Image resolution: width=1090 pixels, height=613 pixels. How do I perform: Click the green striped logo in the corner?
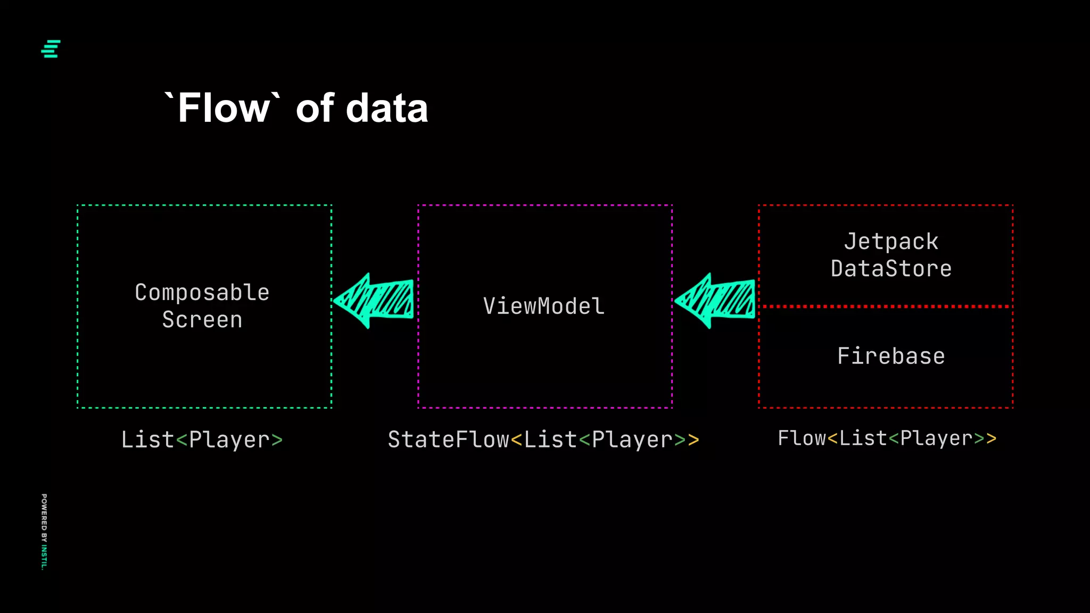[51, 48]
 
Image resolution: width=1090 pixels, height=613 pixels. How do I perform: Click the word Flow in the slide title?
[224, 108]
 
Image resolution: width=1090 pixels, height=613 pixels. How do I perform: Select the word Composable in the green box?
[202, 292]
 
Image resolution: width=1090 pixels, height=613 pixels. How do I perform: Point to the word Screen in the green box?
[202, 320]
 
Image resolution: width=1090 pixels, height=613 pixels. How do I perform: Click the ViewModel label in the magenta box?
[544, 306]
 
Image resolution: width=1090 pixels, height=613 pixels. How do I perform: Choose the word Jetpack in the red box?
[891, 242]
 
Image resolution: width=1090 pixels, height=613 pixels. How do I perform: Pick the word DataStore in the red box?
[891, 269]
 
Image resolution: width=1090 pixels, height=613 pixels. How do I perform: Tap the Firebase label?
[891, 356]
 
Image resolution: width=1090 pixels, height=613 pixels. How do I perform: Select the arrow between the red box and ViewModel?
[715, 301]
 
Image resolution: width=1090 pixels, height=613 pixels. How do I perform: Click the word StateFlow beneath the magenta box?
[448, 440]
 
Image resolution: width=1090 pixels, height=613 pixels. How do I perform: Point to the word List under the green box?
[147, 440]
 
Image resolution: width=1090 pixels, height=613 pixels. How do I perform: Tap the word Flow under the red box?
[802, 438]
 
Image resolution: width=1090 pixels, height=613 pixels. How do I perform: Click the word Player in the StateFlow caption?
[632, 440]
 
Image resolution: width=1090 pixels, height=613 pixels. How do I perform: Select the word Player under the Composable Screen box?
[229, 440]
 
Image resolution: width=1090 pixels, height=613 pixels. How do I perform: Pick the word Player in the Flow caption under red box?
[936, 438]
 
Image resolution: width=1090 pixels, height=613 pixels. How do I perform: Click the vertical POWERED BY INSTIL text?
[44, 532]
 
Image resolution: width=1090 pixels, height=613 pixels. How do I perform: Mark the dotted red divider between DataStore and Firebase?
[886, 306]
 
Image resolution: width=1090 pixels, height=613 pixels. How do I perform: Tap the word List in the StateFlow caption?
[550, 440]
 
